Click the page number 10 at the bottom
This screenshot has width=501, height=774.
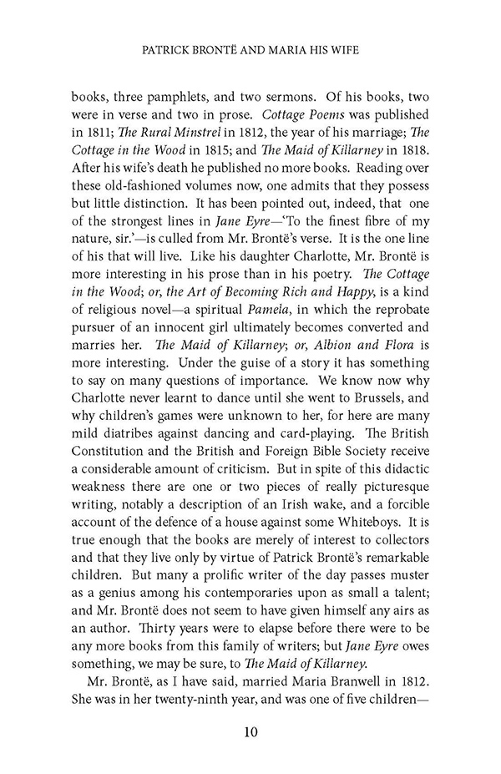pos(250,733)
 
